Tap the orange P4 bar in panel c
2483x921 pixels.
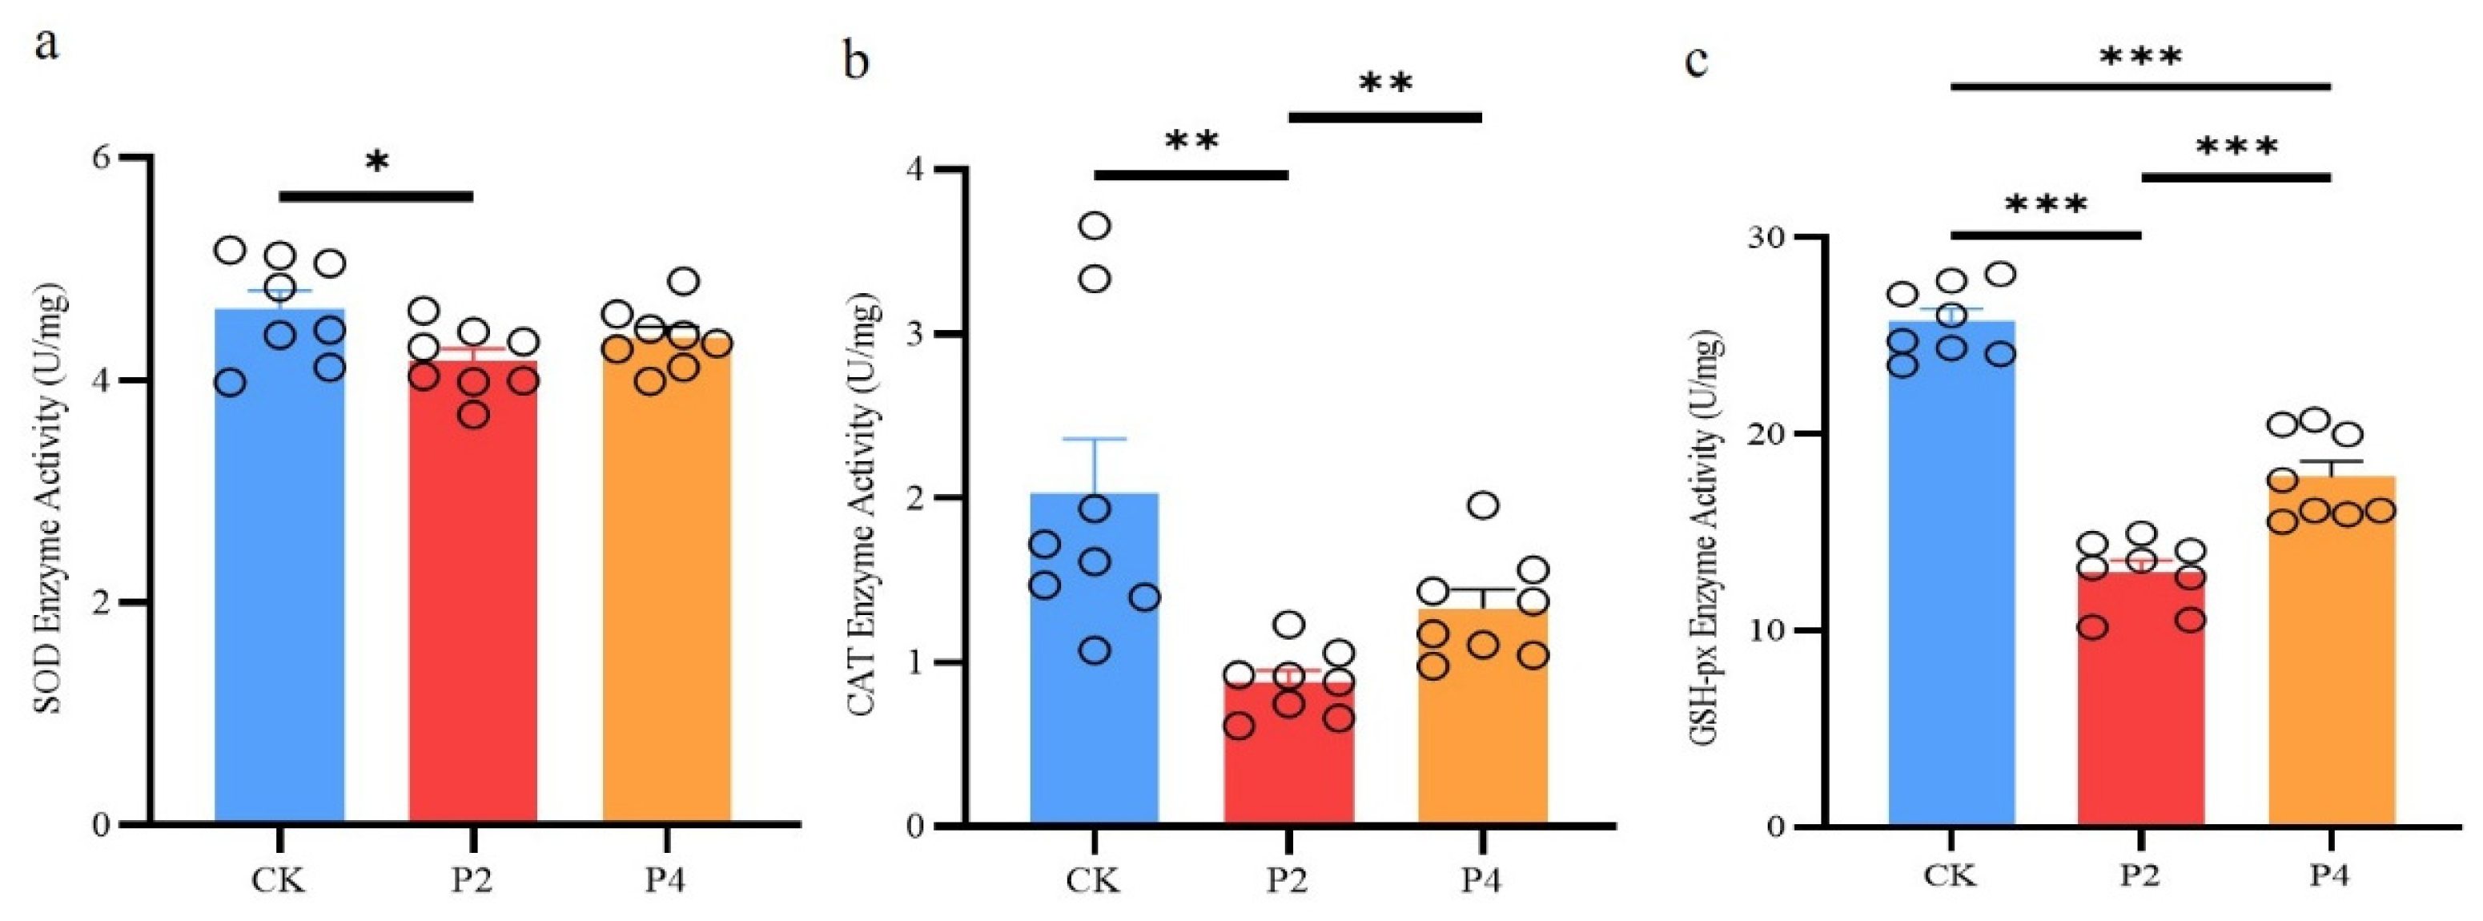click(2330, 675)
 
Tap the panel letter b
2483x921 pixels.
click(855, 60)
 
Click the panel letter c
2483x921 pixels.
click(1697, 60)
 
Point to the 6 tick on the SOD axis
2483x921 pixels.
click(100, 158)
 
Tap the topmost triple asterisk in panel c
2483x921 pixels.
click(2139, 58)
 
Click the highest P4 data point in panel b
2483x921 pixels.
click(1484, 505)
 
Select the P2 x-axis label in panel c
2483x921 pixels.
click(2139, 875)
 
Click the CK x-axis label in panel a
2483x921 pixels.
click(279, 879)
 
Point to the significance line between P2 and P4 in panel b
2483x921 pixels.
click(1384, 118)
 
